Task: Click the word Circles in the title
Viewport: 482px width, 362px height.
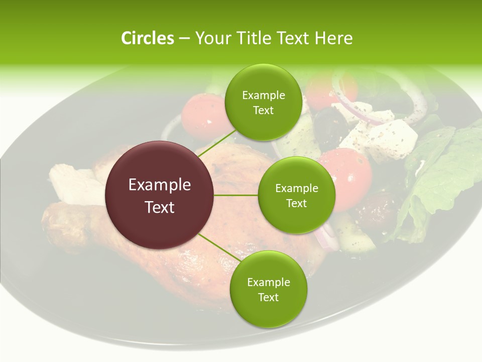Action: [148, 38]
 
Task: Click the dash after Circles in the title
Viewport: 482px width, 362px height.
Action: [184, 39]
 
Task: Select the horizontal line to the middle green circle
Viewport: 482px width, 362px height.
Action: [235, 195]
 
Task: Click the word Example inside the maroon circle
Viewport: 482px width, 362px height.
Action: [160, 185]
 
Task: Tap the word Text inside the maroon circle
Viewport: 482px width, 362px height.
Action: [160, 207]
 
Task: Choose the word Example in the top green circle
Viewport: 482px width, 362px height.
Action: [263, 95]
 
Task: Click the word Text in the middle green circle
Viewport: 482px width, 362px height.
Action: [296, 203]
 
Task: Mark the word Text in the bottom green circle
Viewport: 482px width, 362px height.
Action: [268, 297]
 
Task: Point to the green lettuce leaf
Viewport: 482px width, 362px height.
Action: [442, 166]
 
